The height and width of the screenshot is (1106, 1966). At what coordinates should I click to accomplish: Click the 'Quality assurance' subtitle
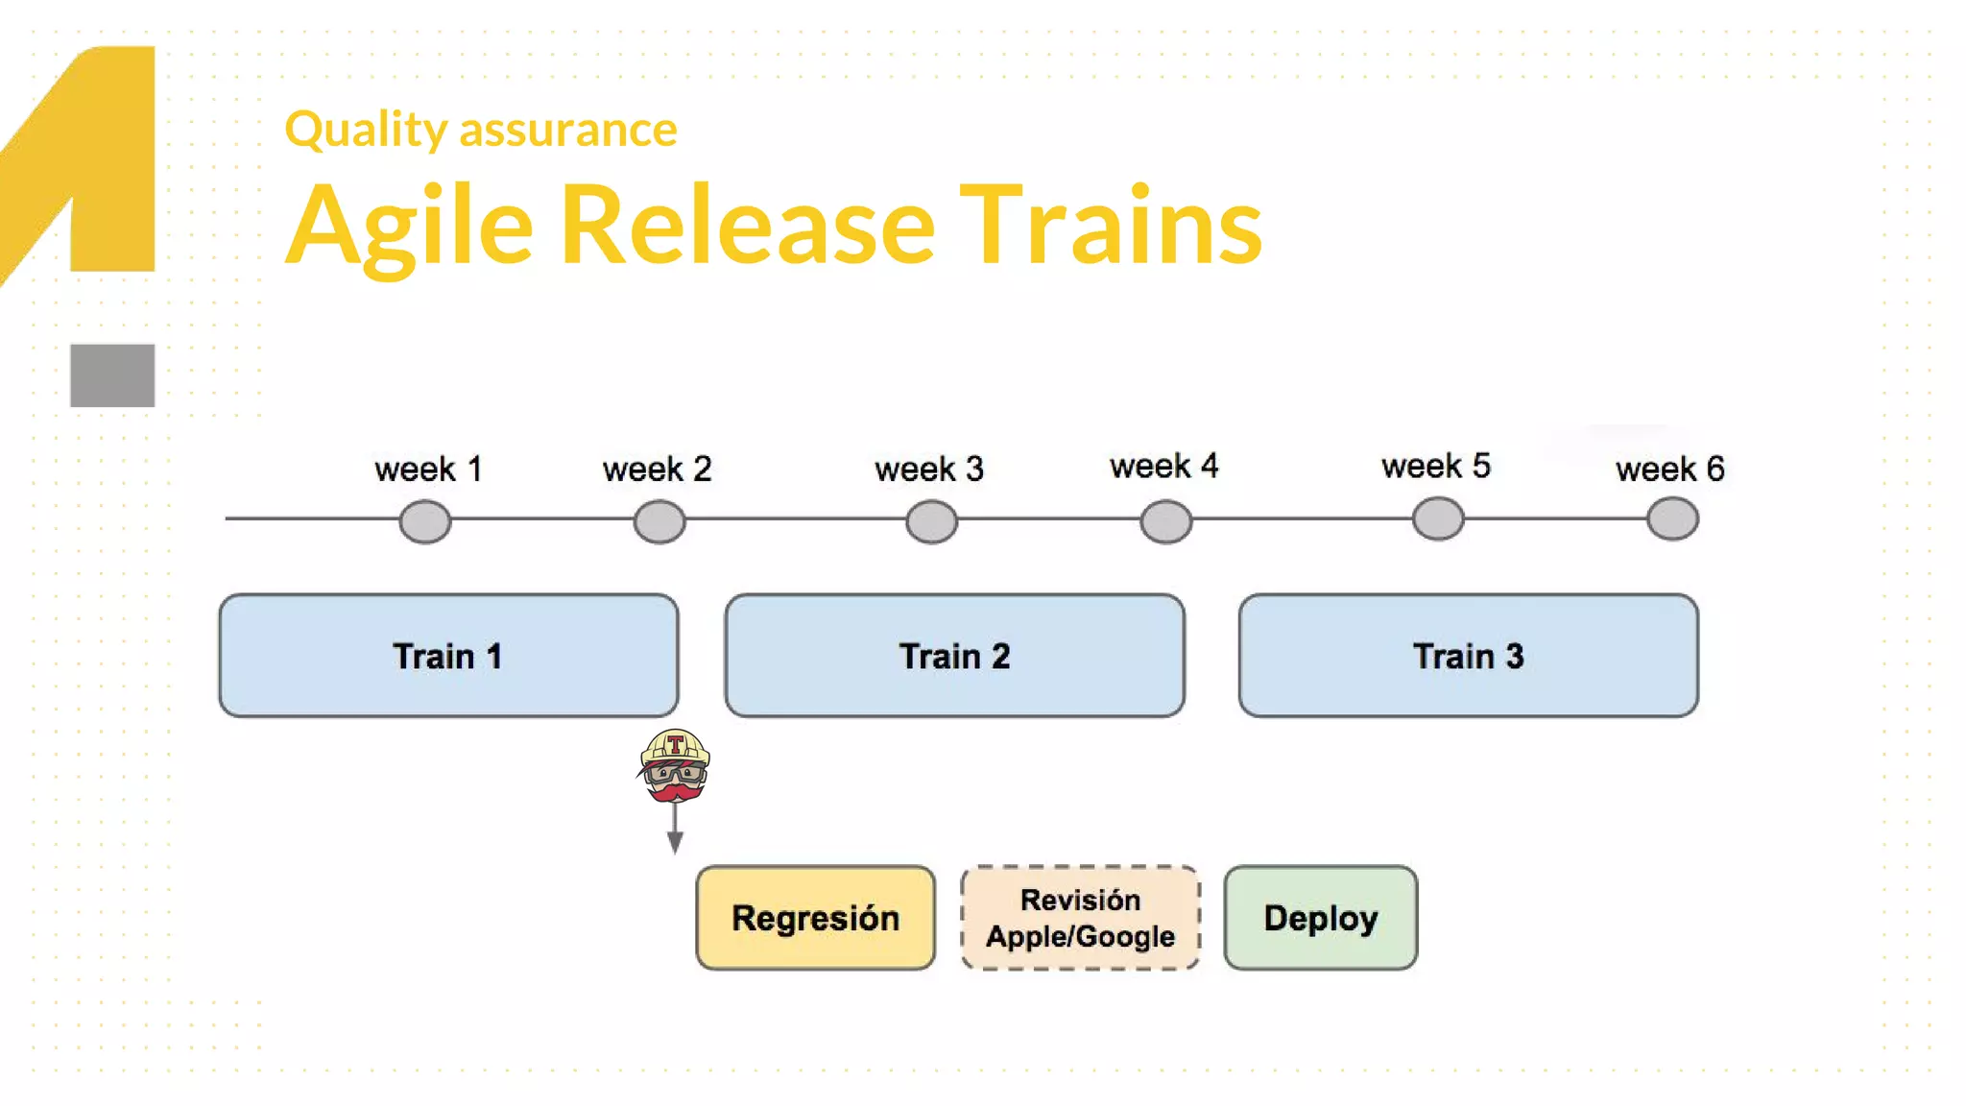480,129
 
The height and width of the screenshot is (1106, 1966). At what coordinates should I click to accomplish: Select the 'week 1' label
428,469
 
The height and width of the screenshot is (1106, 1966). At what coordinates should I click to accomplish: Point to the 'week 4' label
1163,466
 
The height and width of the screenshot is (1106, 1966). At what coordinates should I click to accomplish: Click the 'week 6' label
1669,469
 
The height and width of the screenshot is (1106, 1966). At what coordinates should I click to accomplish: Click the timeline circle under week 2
659,521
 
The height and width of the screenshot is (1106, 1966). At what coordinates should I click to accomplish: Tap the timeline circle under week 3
931,521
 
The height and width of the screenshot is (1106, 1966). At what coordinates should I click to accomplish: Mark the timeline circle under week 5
1438,518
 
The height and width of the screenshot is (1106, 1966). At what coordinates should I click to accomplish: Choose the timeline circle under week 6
1672,518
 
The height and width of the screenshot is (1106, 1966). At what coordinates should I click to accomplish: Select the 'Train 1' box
448,656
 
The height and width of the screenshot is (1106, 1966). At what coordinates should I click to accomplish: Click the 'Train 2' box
954,656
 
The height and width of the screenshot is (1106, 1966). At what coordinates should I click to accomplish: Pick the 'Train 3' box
1468,656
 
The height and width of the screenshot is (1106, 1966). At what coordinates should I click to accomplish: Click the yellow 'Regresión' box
815,918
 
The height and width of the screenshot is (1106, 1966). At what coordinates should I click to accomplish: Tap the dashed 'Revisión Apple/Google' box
1080,918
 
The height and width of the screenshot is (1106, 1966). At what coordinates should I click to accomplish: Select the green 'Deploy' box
1320,918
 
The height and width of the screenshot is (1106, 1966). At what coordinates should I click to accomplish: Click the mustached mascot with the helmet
675,765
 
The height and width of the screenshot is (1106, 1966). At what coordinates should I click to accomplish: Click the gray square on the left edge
112,375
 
